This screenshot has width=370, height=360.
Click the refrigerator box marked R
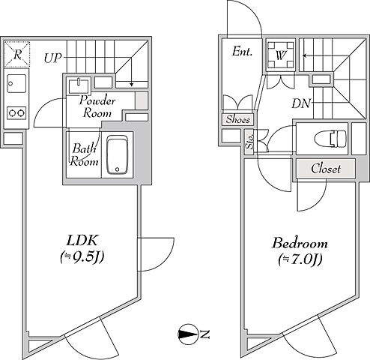tap(17, 54)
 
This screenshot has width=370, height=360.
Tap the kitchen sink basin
tap(16, 83)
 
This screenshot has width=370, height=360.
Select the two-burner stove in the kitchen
tap(16, 113)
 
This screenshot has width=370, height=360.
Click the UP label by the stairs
tap(52, 58)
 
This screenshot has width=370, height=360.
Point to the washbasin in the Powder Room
tap(79, 85)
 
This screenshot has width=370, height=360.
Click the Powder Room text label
tap(97, 106)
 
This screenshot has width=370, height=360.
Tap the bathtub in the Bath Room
tap(118, 155)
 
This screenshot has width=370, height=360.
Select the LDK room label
tap(82, 241)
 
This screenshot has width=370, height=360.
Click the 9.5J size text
tap(82, 257)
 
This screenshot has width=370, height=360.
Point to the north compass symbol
tap(187, 334)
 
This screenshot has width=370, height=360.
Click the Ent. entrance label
tap(242, 52)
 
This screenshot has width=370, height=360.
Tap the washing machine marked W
tap(281, 55)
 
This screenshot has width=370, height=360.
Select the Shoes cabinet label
tap(238, 120)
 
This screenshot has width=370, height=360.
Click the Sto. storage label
tap(249, 142)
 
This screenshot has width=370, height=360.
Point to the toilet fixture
tap(330, 139)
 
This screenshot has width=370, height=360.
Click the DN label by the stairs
tap(301, 103)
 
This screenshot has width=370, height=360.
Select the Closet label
tap(326, 169)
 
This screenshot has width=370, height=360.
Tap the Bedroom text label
tap(300, 243)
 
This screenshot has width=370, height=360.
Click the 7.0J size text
tap(300, 259)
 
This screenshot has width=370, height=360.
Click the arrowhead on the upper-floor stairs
tap(305, 55)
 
